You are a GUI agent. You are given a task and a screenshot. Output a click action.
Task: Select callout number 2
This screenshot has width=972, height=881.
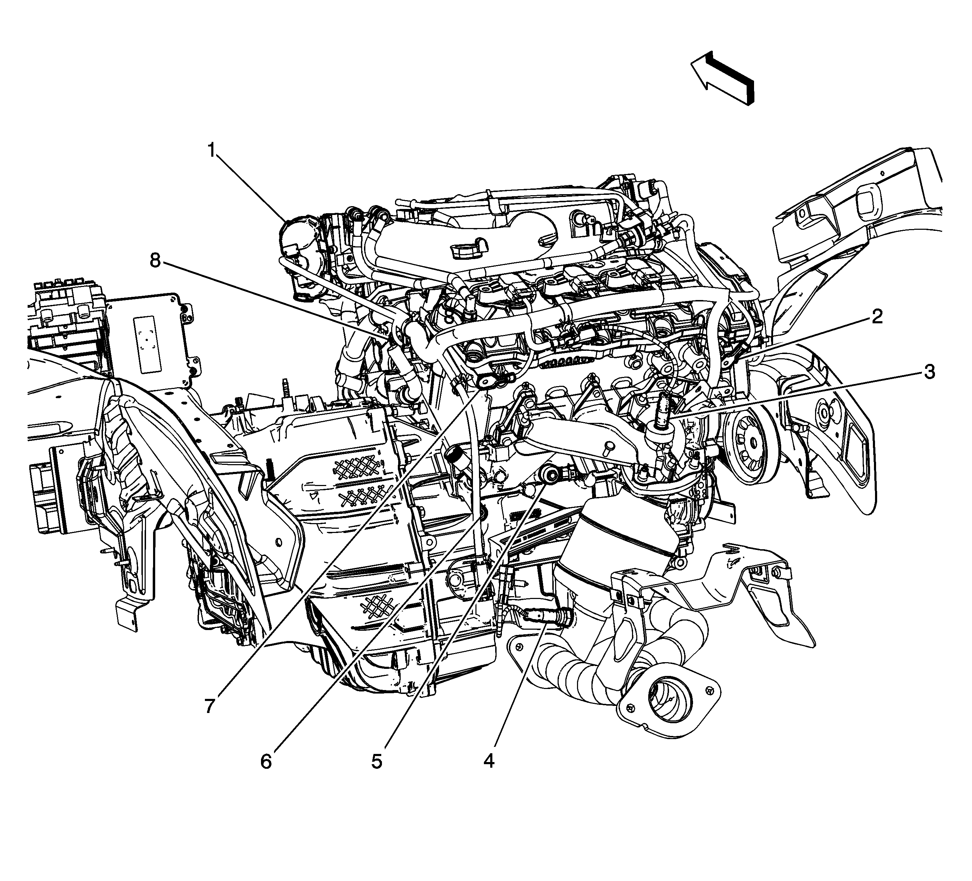coord(876,317)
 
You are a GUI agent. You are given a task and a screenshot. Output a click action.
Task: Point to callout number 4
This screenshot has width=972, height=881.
coord(489,761)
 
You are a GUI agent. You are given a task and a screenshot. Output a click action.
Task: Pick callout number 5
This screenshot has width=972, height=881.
coord(377,762)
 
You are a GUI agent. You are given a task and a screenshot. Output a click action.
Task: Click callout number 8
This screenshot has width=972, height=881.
coord(155,261)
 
